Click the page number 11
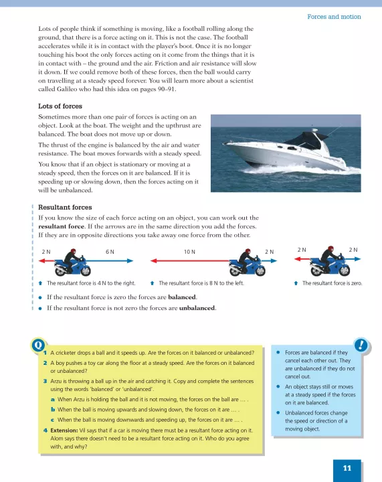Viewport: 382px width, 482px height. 347,468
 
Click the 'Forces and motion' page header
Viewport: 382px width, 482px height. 334,17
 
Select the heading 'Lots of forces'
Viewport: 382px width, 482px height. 60,106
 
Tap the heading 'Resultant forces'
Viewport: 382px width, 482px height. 65,207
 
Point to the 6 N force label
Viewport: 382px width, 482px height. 110,252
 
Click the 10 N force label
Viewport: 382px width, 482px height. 189,252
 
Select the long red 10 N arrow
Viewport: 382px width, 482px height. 190,260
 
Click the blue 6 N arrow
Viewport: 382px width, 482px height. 110,260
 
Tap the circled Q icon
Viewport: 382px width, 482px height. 38,345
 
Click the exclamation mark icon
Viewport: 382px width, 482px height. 361,345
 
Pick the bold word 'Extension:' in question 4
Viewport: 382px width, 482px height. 64,430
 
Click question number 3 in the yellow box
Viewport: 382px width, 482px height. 45,381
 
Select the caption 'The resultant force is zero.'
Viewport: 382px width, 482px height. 332,283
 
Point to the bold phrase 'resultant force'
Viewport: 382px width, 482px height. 61,226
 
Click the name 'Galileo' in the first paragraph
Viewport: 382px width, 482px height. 67,89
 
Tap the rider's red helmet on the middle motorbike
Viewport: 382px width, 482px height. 248,251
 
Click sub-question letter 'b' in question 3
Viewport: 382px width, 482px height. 53,410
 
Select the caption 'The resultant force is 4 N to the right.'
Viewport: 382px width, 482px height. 91,283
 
